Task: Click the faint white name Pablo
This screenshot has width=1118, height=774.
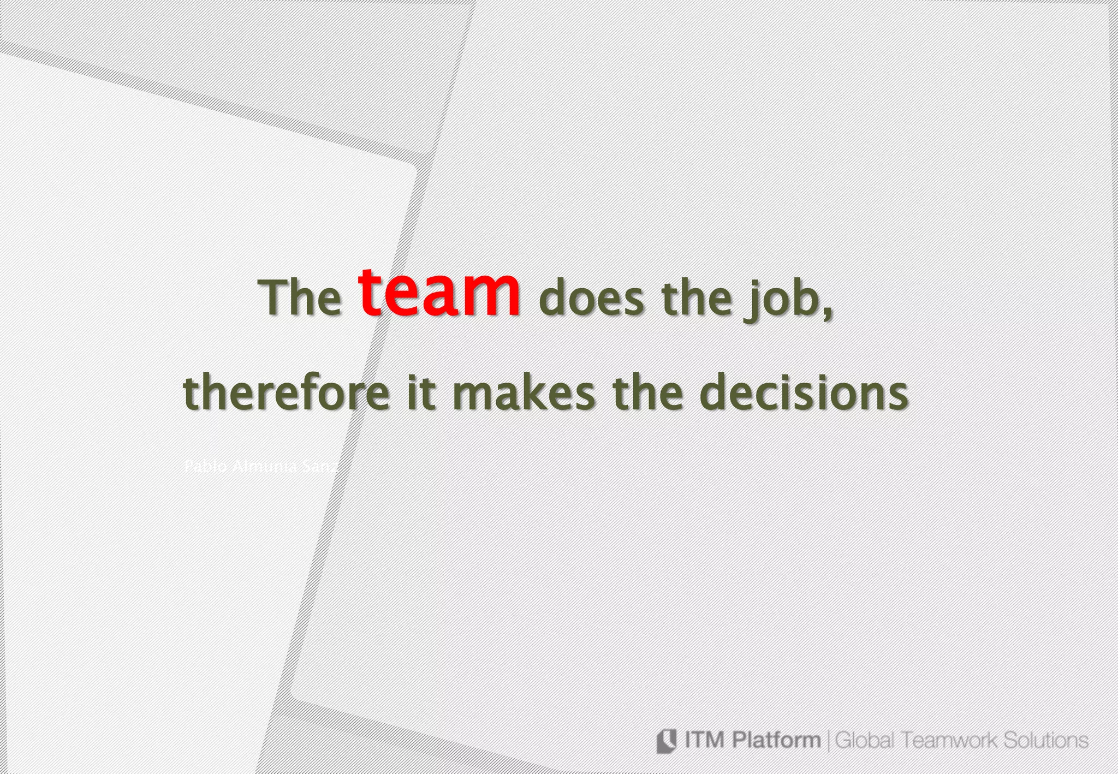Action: click(205, 467)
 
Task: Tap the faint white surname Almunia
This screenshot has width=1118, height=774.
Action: click(264, 467)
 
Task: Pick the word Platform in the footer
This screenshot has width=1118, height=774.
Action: click(775, 741)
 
